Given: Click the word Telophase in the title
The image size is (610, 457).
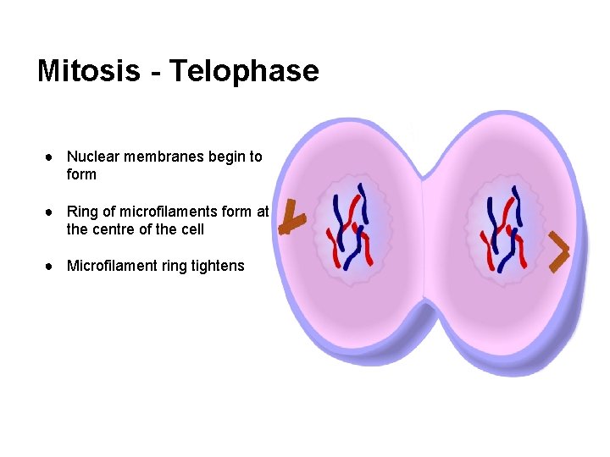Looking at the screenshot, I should [243, 70].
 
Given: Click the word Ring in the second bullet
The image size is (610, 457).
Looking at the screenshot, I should [83, 212].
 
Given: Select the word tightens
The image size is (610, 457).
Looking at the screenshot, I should [218, 266].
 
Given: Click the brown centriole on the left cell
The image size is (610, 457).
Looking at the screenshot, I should [292, 218].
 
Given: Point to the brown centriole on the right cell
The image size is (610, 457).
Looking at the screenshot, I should [559, 252].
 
